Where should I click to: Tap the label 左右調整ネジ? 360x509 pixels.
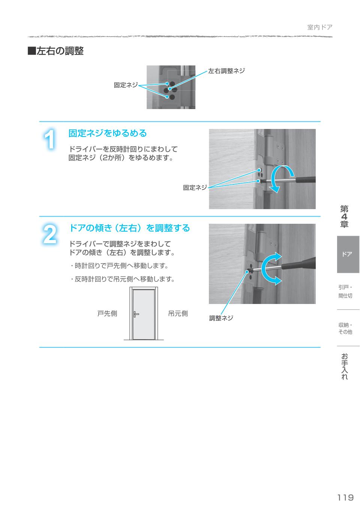click(226, 71)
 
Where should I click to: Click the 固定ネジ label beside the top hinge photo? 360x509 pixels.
click(126, 85)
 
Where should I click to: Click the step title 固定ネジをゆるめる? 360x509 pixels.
click(107, 133)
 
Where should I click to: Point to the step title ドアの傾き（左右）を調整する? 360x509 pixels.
click(129, 228)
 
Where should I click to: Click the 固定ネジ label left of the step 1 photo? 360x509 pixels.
click(195, 188)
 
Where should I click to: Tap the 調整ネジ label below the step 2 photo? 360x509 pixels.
click(221, 318)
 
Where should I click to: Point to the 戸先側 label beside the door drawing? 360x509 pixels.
click(107, 314)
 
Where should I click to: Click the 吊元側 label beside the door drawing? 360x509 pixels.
click(178, 314)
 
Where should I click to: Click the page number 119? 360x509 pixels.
click(345, 497)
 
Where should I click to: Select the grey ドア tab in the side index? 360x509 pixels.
click(348, 254)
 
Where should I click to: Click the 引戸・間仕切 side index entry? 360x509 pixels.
click(345, 291)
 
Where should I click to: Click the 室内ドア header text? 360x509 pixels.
click(319, 27)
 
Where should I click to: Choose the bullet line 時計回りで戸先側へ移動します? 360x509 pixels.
click(119, 266)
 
